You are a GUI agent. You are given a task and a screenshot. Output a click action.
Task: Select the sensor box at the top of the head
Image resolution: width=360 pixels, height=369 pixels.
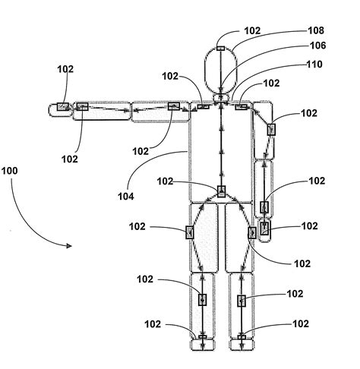click(221, 49)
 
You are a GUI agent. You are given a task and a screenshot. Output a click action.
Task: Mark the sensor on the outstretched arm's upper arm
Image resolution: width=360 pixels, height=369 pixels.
click(174, 106)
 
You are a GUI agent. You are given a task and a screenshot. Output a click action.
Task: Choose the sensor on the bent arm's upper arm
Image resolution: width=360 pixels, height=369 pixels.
click(271, 130)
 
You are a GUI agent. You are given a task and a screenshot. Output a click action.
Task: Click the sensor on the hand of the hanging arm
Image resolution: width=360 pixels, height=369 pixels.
click(264, 226)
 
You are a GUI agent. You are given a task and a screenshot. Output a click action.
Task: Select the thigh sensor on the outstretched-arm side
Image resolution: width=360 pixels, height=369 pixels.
click(189, 232)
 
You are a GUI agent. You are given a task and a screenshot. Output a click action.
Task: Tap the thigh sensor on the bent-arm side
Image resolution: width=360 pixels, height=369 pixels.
click(252, 232)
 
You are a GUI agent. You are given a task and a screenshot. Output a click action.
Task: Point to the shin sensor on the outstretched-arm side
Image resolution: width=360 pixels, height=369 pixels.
click(202, 300)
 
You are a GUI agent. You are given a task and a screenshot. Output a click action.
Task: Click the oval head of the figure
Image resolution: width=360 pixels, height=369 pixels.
click(221, 68)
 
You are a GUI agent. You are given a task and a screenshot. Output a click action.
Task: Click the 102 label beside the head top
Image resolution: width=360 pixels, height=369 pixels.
click(253, 31)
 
